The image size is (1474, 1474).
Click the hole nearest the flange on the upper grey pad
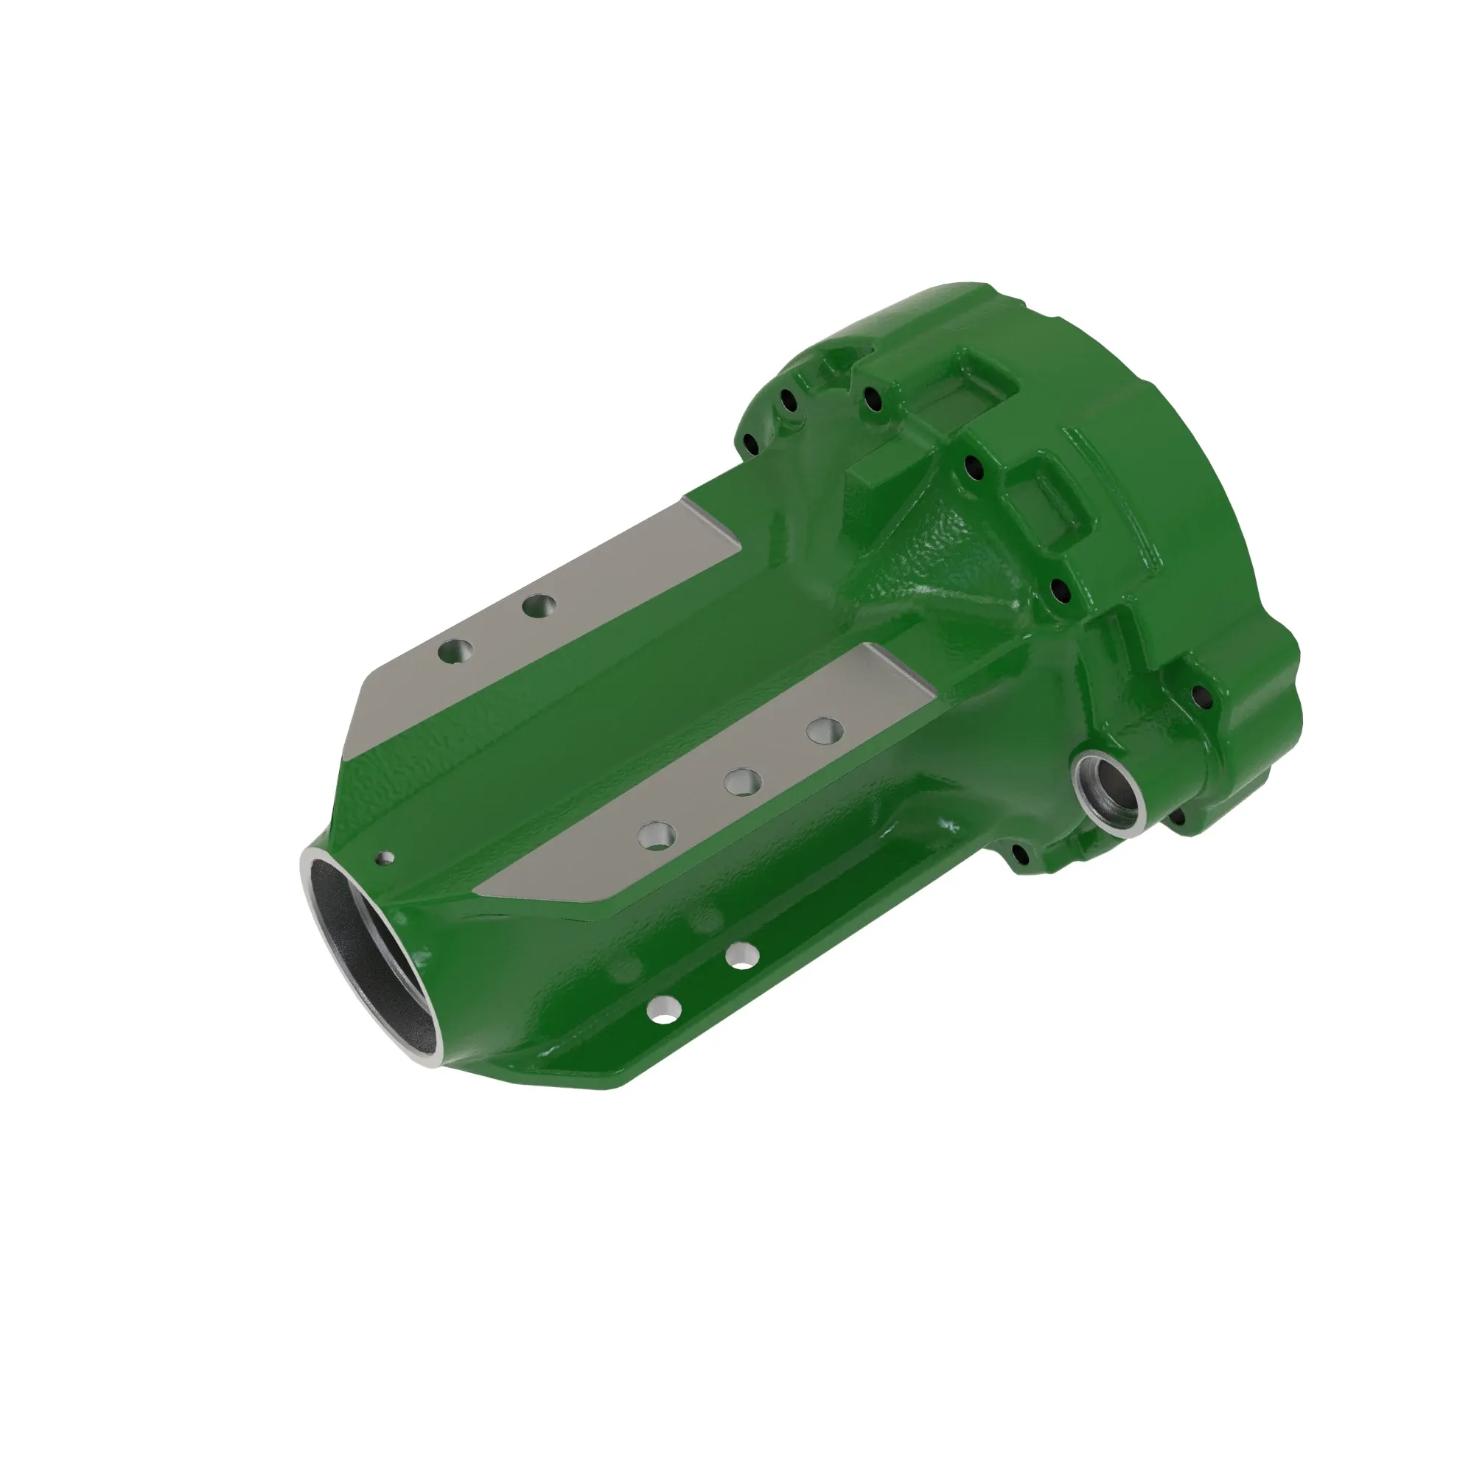pyautogui.click(x=539, y=607)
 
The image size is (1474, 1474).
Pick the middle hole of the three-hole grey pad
pyautogui.click(x=742, y=781)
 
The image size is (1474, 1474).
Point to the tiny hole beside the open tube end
pyautogui.click(x=387, y=859)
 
